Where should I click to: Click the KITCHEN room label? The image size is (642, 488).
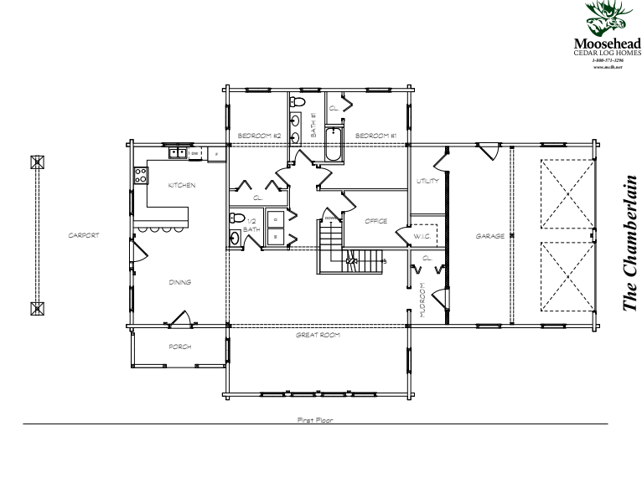[x=182, y=185]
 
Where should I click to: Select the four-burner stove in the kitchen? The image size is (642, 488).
[x=141, y=176]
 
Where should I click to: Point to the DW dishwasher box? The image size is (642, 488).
[x=194, y=153]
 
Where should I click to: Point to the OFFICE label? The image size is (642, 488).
[x=375, y=221]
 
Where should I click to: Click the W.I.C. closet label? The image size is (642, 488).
[x=422, y=237]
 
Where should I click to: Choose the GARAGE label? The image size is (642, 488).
[x=489, y=236]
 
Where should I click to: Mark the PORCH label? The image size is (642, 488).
[x=179, y=347]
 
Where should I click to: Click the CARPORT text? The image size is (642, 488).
[x=84, y=236]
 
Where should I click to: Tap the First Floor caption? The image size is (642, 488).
[x=315, y=419]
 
